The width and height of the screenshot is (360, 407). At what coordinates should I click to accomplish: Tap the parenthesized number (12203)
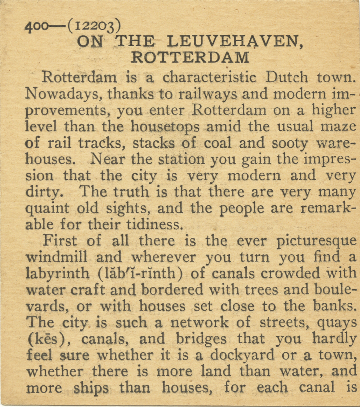[x=94, y=26]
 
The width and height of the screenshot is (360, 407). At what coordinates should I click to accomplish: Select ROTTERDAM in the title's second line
[x=190, y=57]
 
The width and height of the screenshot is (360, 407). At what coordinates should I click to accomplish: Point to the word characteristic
[x=209, y=77]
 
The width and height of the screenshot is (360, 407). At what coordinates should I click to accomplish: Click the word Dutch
[x=287, y=77]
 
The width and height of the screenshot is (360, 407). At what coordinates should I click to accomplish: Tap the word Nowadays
[x=63, y=94]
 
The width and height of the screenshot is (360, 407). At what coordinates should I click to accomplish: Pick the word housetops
[x=165, y=127]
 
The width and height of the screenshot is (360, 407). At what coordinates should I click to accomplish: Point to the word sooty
[x=290, y=143]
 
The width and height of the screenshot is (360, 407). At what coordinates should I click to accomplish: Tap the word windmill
[x=57, y=257]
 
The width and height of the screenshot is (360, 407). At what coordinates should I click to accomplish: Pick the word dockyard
[x=242, y=355]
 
